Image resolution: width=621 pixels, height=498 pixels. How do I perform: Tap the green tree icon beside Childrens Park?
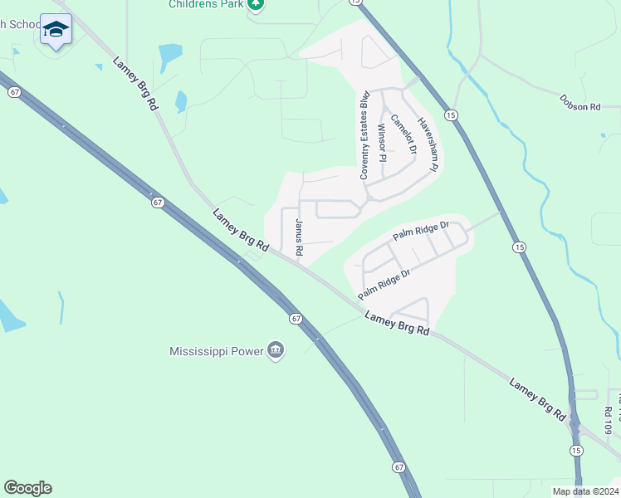pos(256,4)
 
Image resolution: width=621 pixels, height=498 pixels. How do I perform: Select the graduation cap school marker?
pos(56,30)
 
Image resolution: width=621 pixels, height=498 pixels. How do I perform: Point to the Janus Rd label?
pos(300,237)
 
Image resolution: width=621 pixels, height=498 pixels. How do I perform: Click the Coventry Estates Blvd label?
pos(364,136)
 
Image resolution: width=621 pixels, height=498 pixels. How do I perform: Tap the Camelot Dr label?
pos(403,134)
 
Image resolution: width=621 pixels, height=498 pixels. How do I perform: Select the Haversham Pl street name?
pos(427,144)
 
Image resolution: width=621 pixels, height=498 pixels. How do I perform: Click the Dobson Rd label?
pos(579,107)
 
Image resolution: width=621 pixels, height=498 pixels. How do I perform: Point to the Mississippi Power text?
pos(216,351)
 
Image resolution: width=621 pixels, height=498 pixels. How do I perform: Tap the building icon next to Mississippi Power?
pos(276,351)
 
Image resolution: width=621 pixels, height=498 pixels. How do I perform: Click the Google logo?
pos(27,488)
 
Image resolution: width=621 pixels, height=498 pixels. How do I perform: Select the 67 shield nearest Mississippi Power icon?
pos(296,318)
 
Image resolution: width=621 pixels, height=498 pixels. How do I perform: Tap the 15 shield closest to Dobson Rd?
pos(449,114)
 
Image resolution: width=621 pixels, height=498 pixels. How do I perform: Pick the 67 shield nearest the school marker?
pos(15,92)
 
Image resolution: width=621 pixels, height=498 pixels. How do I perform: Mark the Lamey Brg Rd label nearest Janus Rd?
pos(241,229)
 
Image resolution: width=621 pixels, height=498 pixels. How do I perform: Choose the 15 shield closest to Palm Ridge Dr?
pos(520,247)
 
